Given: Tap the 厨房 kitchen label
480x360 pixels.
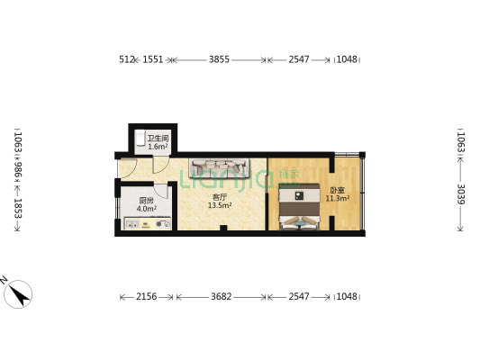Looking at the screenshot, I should [x=146, y=201].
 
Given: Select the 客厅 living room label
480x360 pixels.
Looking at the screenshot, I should [x=219, y=197].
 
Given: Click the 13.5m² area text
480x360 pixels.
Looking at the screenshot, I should [x=220, y=206].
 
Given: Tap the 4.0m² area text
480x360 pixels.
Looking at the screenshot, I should [x=146, y=209].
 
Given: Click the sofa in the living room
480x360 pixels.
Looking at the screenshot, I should [x=219, y=168].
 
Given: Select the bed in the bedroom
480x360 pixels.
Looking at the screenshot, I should [x=299, y=208].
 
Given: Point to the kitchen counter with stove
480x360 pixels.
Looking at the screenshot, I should [x=144, y=225].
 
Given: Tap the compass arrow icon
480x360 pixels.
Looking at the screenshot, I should [x=18, y=293].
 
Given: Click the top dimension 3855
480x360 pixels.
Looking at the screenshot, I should [x=219, y=60].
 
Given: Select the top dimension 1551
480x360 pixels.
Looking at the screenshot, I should [x=153, y=60].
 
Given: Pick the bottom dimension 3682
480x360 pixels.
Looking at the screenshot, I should [x=222, y=297].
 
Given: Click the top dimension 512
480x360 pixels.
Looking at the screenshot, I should [x=126, y=60].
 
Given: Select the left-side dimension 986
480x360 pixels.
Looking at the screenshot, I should [x=17, y=168].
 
